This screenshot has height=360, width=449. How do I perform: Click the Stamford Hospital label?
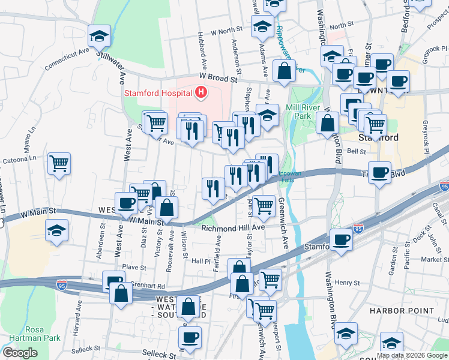pyautogui.click(x=158, y=93)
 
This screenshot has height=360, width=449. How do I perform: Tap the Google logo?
pyautogui.click(x=20, y=353)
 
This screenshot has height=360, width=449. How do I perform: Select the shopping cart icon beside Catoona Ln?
pyautogui.click(x=59, y=163)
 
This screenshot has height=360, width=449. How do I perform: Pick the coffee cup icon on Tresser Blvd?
pyautogui.click(x=379, y=173)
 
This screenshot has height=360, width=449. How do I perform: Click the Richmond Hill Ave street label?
pyautogui.click(x=233, y=228)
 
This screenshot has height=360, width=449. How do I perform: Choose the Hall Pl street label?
pyautogui.click(x=201, y=260)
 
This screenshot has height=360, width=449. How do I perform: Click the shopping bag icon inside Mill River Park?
pyautogui.click(x=327, y=122)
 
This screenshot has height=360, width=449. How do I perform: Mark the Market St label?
pyautogui.click(x=431, y=259)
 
